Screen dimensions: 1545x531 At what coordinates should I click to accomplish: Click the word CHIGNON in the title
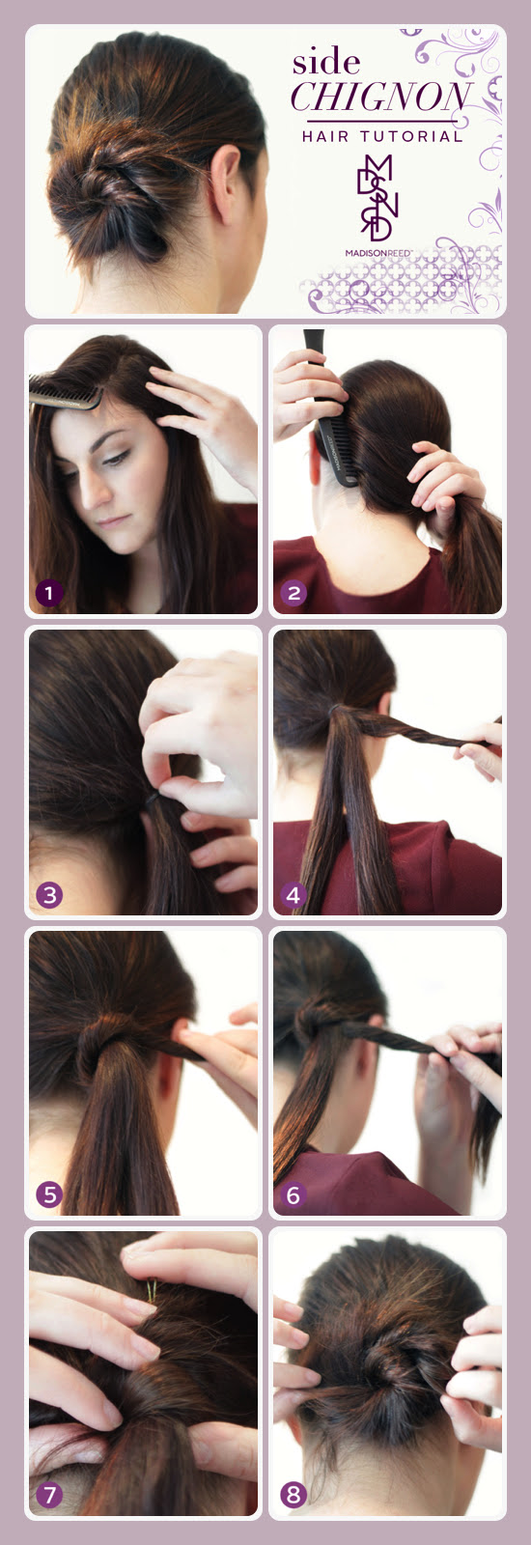(x=381, y=98)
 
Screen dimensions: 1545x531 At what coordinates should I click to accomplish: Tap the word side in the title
(x=326, y=64)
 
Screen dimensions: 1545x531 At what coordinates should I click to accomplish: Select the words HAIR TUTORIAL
(x=382, y=137)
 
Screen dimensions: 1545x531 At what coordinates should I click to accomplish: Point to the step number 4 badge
(x=293, y=895)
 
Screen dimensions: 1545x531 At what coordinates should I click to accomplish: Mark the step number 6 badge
(x=293, y=1195)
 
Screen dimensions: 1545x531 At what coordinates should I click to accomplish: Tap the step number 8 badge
(x=293, y=1496)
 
